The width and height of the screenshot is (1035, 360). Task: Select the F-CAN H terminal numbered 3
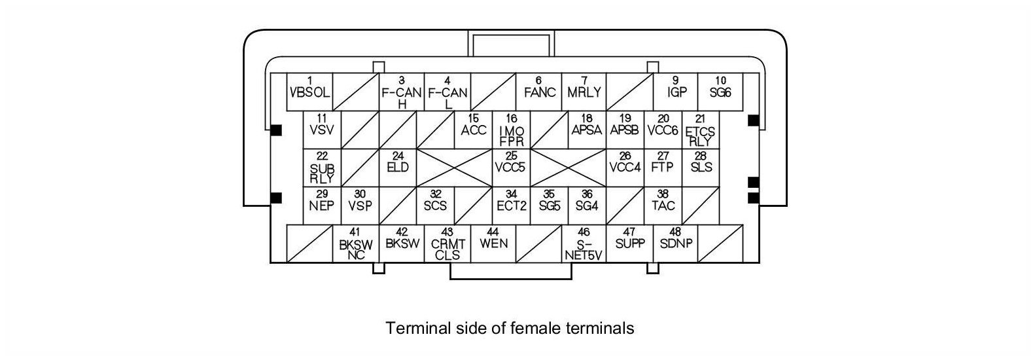coord(402,93)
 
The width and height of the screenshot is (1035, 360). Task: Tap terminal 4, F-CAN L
coord(447,93)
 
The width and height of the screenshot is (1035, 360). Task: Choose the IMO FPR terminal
coord(512,130)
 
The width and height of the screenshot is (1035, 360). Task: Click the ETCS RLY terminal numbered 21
coord(701,130)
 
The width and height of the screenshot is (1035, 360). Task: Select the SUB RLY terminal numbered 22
coord(322,168)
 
